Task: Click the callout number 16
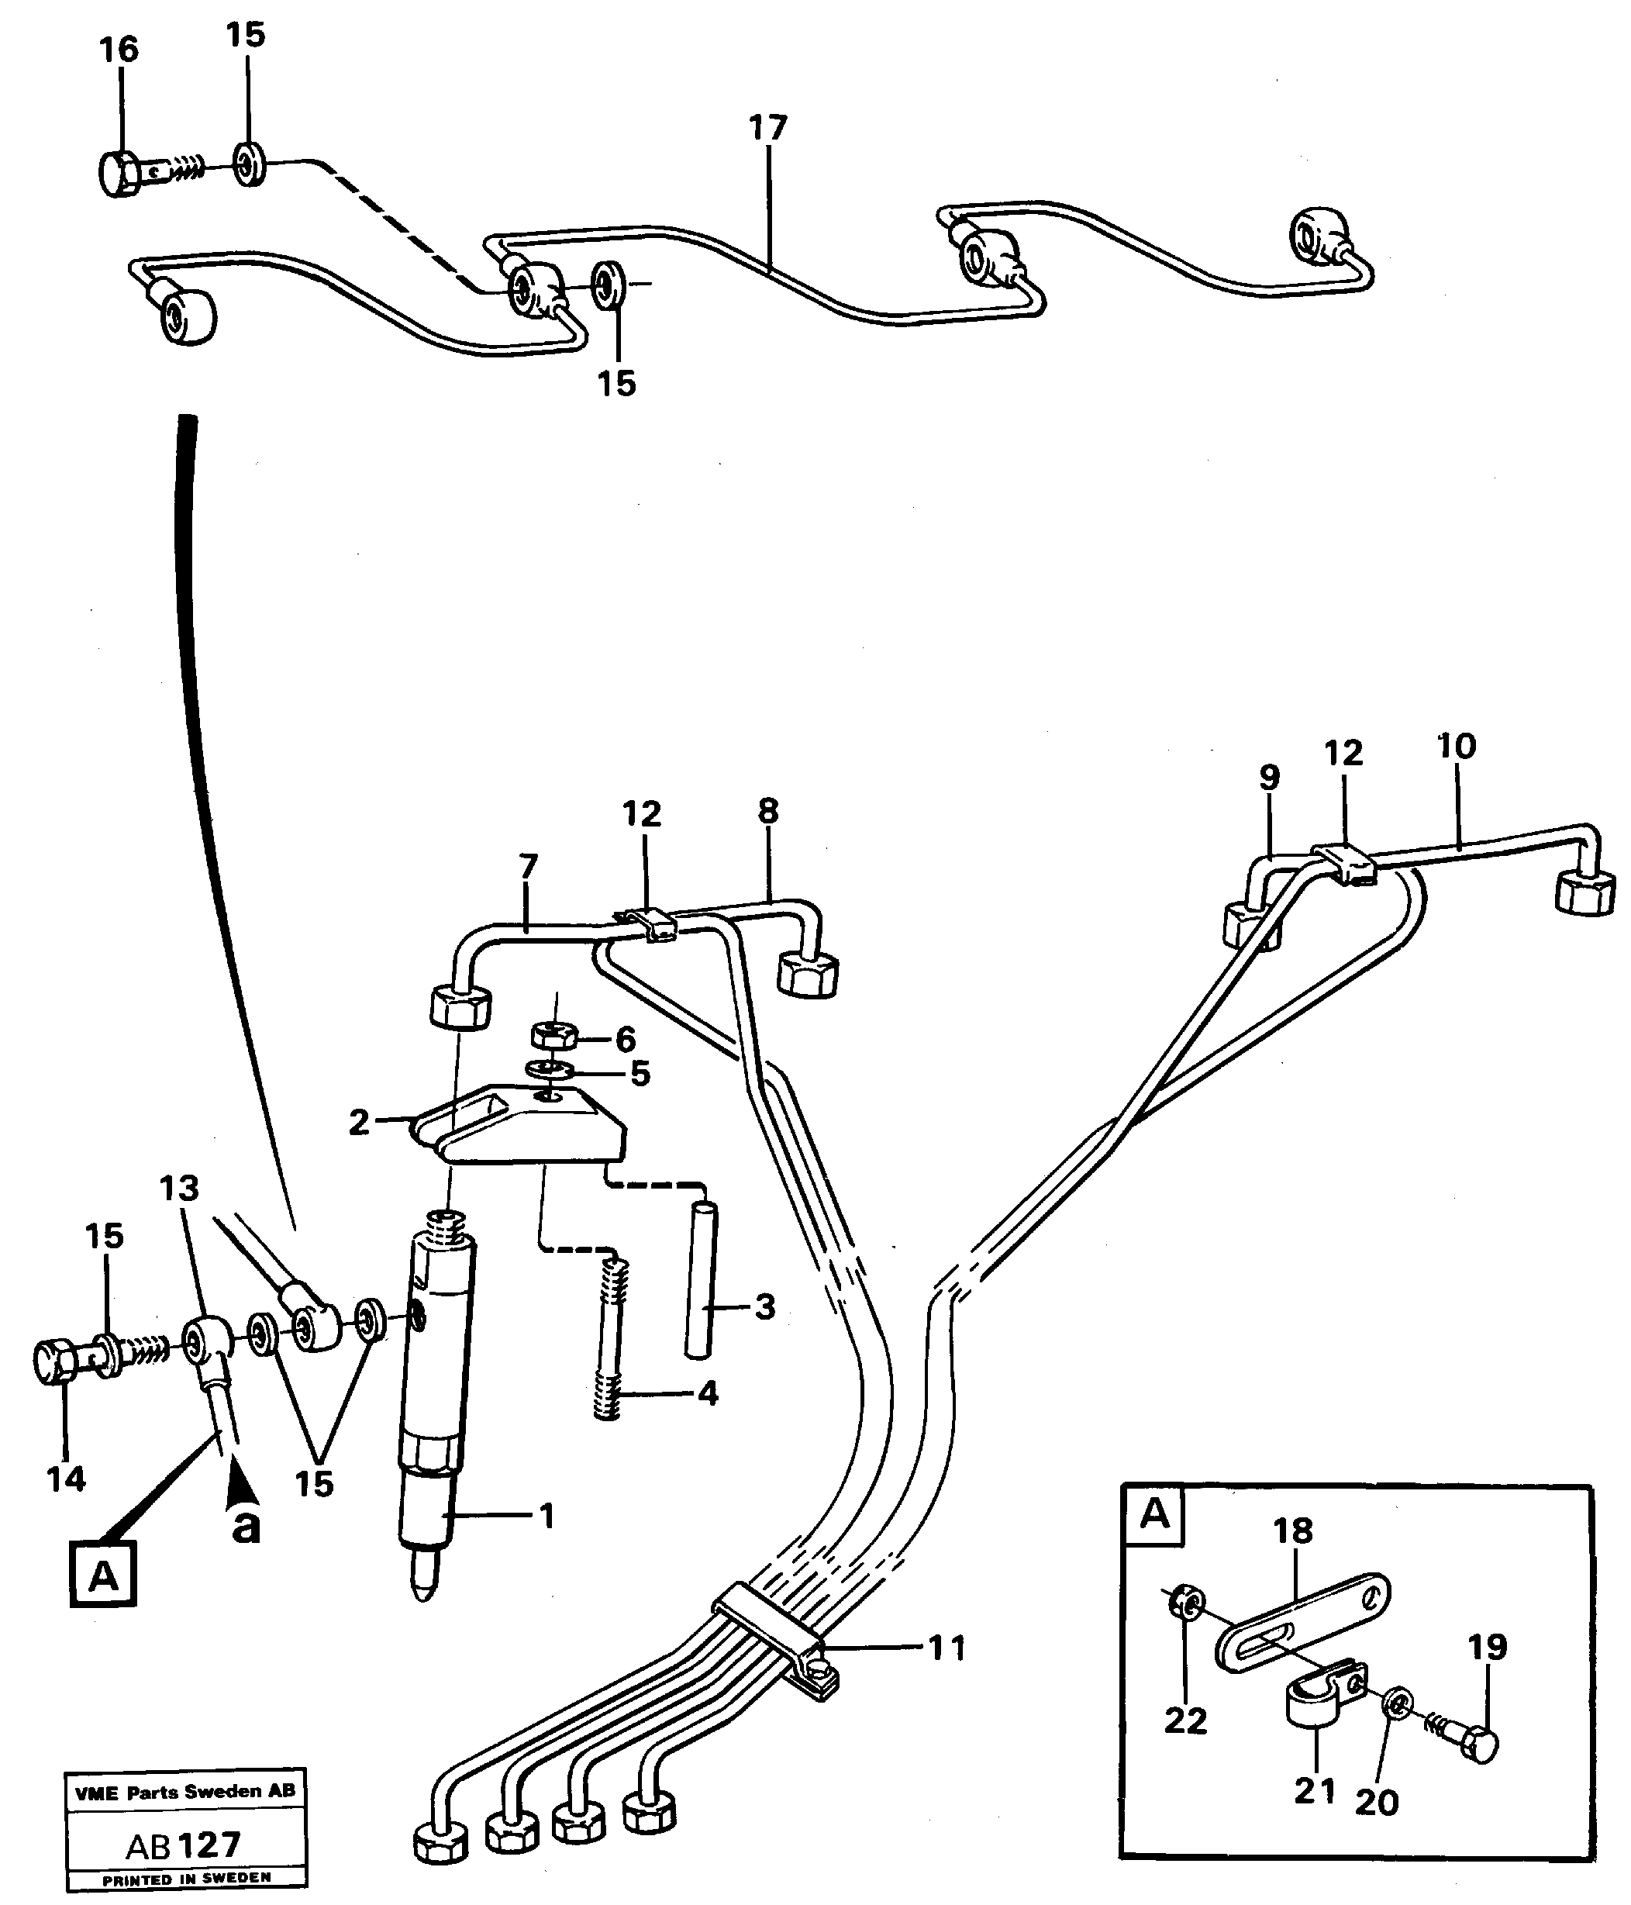point(119,50)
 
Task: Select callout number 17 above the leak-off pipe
point(767,128)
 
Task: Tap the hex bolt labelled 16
point(120,174)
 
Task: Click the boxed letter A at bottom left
point(103,1575)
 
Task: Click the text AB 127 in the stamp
point(184,1845)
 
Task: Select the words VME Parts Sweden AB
point(184,1791)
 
